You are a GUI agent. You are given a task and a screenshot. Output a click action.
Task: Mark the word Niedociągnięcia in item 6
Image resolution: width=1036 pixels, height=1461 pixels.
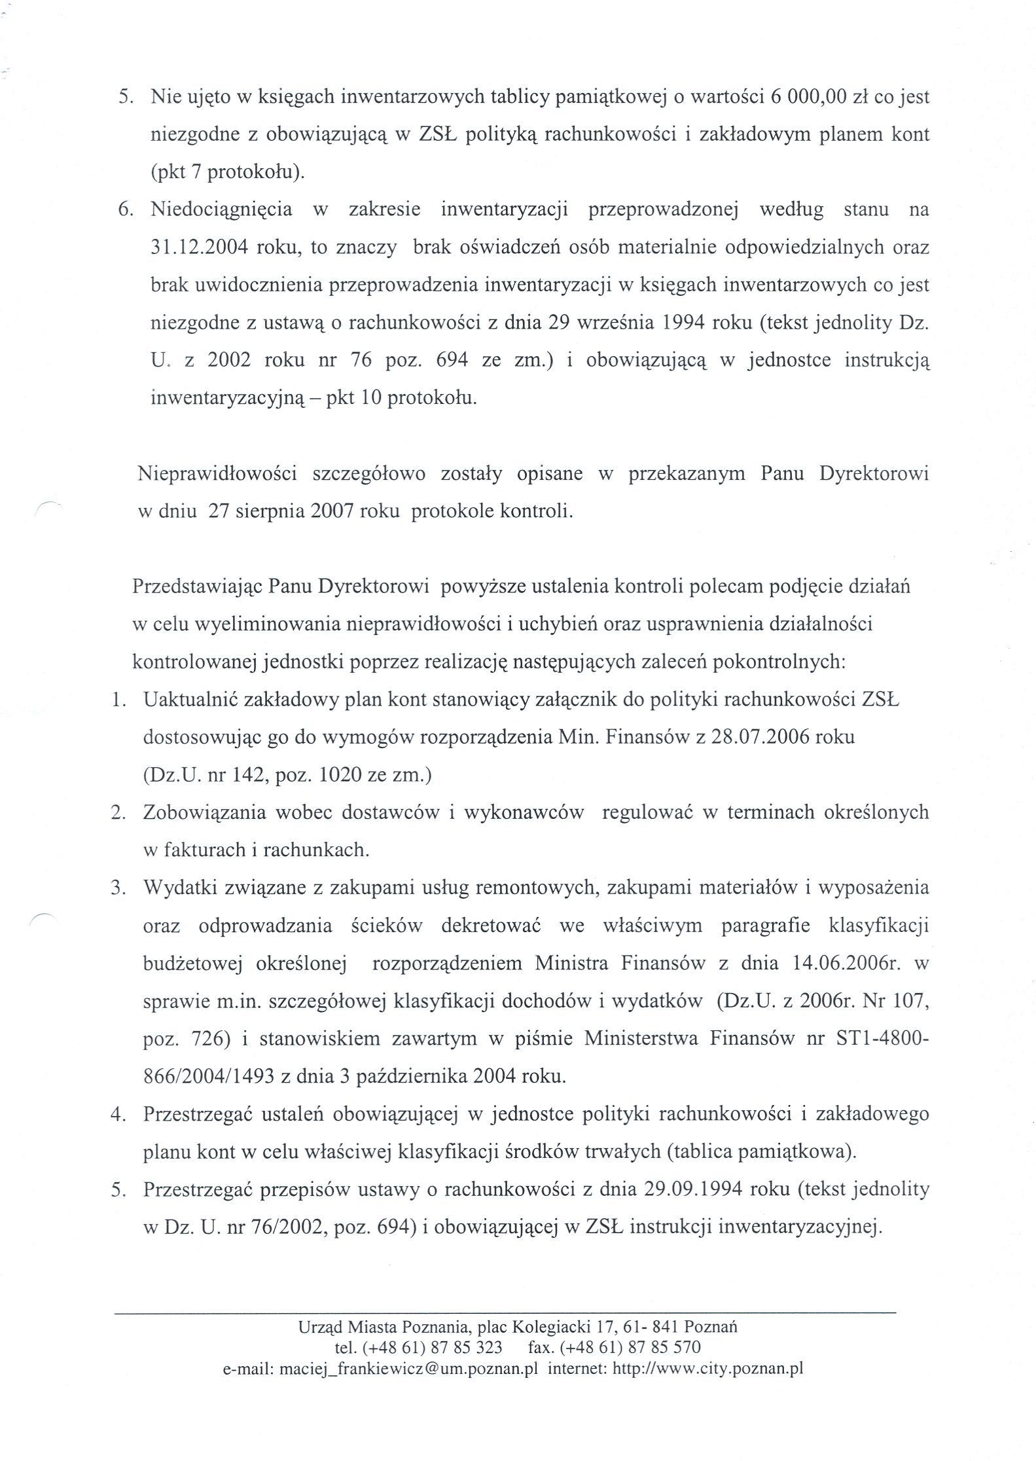tap(221, 210)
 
